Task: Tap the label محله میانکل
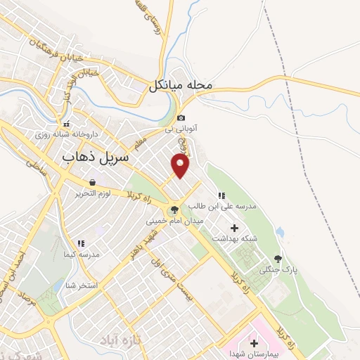click(x=181, y=86)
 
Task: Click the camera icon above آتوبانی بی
click(x=182, y=117)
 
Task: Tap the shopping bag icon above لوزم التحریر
click(x=92, y=182)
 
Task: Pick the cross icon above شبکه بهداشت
click(x=234, y=227)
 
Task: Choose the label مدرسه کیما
click(x=82, y=253)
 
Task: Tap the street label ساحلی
click(x=32, y=166)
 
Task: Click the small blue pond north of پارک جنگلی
click(x=281, y=231)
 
